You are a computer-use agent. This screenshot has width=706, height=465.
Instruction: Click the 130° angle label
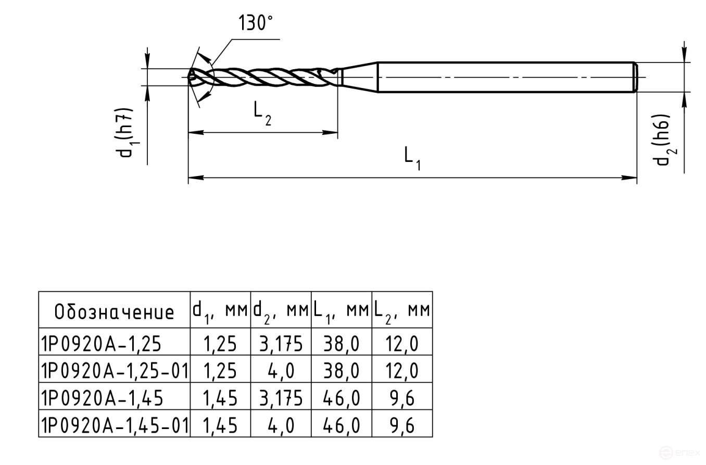pos(256,23)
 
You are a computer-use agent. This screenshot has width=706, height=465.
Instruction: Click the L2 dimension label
pos(262,113)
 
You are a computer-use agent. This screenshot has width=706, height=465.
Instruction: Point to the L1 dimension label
pos(412,158)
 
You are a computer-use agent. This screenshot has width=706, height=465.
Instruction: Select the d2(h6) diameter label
pos(662,140)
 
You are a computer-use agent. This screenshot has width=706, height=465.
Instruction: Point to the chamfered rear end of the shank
pos(635,77)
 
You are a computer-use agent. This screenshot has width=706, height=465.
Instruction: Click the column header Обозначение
pos(114,311)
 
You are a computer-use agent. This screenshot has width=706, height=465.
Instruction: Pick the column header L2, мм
pos(402,310)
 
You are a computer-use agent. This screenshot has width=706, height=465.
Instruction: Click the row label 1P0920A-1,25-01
pos(114,371)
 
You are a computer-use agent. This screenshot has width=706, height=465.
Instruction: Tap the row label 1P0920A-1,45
pos(102,398)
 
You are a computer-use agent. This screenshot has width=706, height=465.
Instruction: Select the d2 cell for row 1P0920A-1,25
pos(281,344)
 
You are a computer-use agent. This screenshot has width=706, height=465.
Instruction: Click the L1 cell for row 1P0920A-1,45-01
pos(341,425)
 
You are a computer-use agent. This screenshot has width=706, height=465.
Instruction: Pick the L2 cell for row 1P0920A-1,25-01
pos(402,371)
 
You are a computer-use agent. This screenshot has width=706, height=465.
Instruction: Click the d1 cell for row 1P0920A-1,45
pos(220,398)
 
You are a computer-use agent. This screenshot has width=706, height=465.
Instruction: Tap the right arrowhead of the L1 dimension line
pos(631,178)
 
